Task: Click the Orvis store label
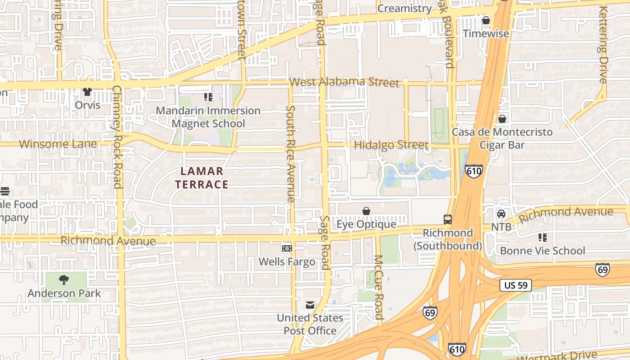pos(88,105)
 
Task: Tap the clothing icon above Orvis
pos(87,92)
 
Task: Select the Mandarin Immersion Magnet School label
pos(208,117)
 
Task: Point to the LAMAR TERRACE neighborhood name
pos(202,178)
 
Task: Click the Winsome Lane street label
pos(58,144)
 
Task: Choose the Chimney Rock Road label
pos(117,137)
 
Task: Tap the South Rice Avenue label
pos(291,154)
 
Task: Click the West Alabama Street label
pos(344,82)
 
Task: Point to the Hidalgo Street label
pos(391,145)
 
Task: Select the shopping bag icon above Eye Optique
pos(366,211)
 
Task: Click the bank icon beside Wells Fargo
pos(287,248)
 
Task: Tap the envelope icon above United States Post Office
pos(310,305)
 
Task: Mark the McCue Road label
pos(378,287)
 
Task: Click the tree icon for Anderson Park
pos(64,280)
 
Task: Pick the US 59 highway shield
pos(516,285)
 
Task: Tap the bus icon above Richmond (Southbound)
pos(448,220)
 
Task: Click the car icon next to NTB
pos(501,214)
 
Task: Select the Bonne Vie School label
pos(543,251)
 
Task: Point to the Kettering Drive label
pos(603,45)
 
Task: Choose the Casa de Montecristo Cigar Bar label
pos(502,138)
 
